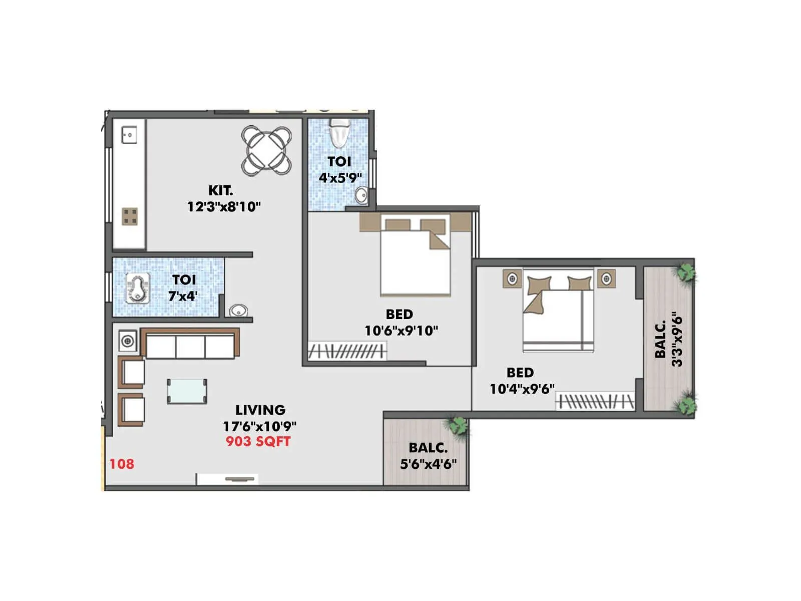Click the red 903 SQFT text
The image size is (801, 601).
(258, 441)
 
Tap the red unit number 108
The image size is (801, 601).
(122, 464)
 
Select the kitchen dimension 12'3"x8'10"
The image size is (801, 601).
(224, 206)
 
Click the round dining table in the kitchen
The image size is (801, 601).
(267, 150)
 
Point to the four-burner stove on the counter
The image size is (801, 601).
(130, 216)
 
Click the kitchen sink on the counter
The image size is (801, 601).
(129, 135)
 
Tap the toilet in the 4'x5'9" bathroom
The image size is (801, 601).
(339, 133)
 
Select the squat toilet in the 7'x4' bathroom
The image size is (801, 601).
(138, 289)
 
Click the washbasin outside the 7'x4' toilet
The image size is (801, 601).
(238, 311)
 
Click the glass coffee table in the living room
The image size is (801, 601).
(187, 391)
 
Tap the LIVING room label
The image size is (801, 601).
(260, 410)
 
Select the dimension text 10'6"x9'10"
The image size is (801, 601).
(401, 331)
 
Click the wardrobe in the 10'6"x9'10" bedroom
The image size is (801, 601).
(347, 351)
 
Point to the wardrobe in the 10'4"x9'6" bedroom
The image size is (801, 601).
(595, 402)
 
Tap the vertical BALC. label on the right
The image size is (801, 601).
(661, 340)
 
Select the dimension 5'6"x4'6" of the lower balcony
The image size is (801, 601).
(428, 464)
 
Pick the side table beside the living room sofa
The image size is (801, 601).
(128, 341)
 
